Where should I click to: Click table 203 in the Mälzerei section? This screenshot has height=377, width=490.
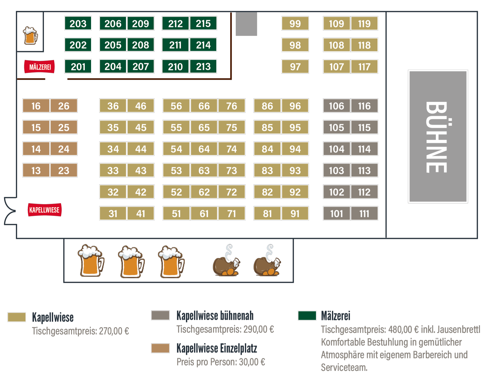coord(78,23)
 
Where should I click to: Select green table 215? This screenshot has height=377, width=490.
coord(203,23)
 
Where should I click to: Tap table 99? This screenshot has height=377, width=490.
coord(295,23)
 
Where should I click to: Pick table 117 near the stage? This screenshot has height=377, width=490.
coord(364,67)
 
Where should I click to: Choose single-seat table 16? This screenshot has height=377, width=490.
coord(36,106)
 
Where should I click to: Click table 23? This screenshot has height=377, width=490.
coord(64,170)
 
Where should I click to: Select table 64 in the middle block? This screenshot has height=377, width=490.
coord(204,149)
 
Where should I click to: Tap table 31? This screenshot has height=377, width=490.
coord(113,213)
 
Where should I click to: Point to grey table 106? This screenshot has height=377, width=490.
coord(336,106)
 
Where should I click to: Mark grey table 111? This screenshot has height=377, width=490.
coord(364,213)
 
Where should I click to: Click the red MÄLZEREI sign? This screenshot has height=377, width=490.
coord(40,67)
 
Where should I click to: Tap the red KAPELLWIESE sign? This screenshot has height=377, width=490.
coord(45,210)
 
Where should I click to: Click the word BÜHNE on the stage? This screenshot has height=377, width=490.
coord(437,137)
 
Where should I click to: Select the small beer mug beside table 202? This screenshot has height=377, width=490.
coord(30,35)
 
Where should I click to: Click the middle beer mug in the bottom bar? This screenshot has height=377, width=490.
coord(131,262)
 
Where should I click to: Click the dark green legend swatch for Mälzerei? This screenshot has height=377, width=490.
coord(307,315)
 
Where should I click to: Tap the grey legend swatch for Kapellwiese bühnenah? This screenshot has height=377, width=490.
coord(160,315)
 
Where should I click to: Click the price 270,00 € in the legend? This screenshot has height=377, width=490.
coord(114,331)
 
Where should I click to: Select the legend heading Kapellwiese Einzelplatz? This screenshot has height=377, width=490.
coord(217,348)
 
